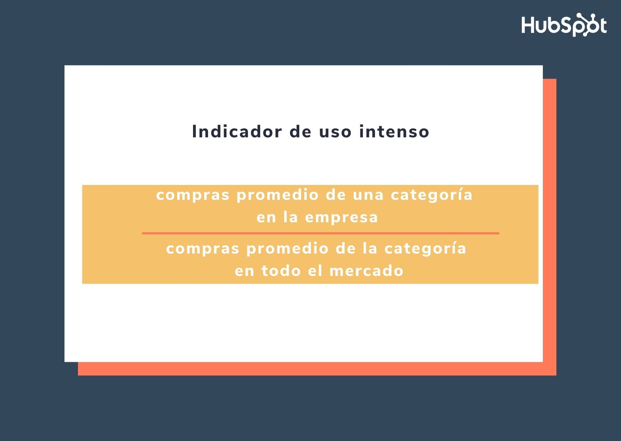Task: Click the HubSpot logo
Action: (564, 25)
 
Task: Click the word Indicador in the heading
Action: (237, 132)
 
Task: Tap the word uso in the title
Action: (335, 132)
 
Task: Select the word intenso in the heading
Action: (394, 132)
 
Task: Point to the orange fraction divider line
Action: (321, 233)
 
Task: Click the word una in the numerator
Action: (368, 195)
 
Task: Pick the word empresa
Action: (342, 218)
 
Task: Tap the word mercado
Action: (366, 271)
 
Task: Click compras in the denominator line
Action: (203, 249)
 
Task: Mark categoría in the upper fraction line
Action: (432, 195)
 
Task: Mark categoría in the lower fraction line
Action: (425, 248)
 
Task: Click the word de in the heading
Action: (300, 132)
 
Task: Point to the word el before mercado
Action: (315, 271)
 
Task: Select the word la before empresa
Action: (290, 217)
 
